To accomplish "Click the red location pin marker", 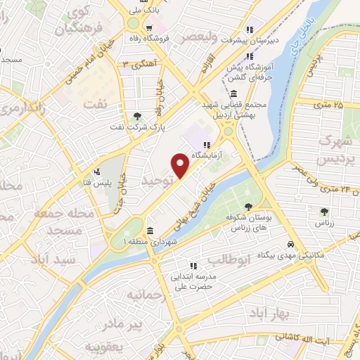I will pyautogui.click(x=181, y=165).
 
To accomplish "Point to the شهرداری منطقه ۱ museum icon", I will pyautogui.click(x=150, y=231).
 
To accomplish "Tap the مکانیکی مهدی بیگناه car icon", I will pyautogui.click(x=290, y=243).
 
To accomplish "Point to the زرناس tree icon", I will pyautogui.click(x=323, y=212).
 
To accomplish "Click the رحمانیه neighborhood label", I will pyautogui.click(x=148, y=295).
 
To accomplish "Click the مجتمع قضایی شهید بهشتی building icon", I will pyautogui.click(x=233, y=94).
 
